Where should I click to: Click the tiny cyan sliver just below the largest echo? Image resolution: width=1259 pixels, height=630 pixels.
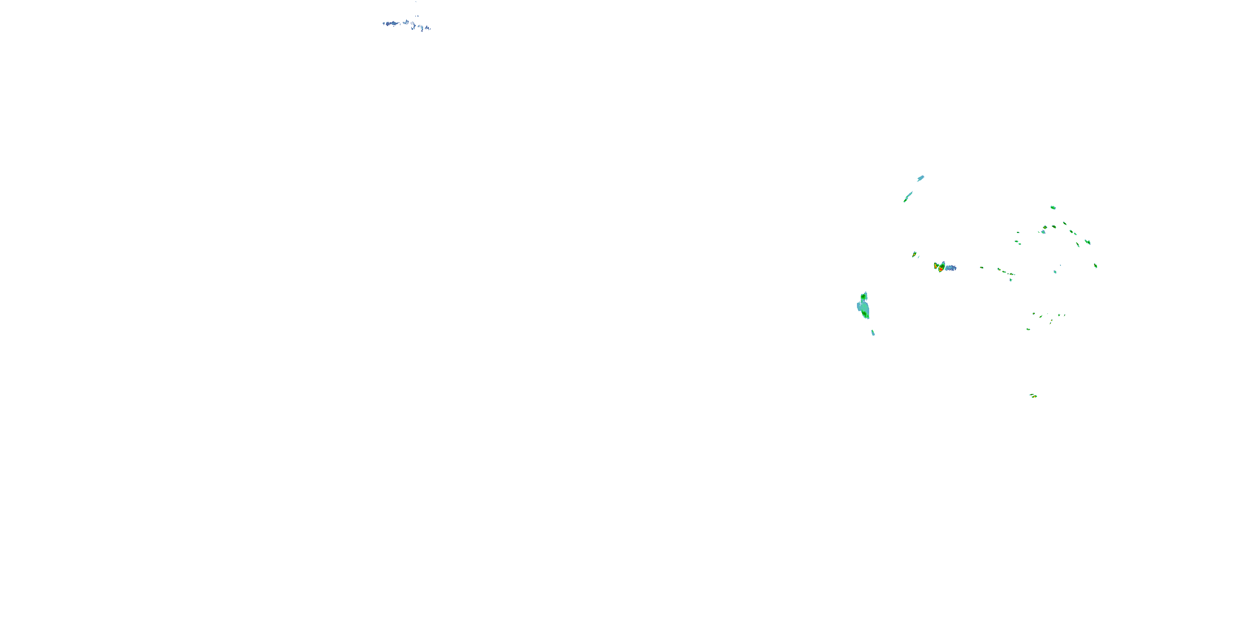click(873, 333)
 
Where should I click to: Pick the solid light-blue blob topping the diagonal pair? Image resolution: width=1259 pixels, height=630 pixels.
click(921, 178)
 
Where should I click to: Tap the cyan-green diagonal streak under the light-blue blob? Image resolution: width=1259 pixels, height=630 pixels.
click(908, 197)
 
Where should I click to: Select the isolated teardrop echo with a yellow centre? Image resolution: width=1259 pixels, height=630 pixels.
click(914, 255)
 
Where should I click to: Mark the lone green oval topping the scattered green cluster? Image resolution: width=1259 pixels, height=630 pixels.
click(1053, 208)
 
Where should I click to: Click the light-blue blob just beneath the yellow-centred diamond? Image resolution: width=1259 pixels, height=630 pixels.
click(1043, 232)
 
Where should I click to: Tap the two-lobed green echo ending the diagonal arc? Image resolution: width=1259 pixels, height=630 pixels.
click(1088, 242)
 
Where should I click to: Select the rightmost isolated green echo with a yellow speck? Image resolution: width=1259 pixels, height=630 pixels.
click(1096, 265)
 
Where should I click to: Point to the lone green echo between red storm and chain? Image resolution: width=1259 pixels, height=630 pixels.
click(982, 268)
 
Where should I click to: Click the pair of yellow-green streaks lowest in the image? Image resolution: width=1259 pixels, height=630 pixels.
click(1033, 396)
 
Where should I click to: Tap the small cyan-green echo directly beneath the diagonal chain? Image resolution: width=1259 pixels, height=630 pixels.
click(1011, 280)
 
